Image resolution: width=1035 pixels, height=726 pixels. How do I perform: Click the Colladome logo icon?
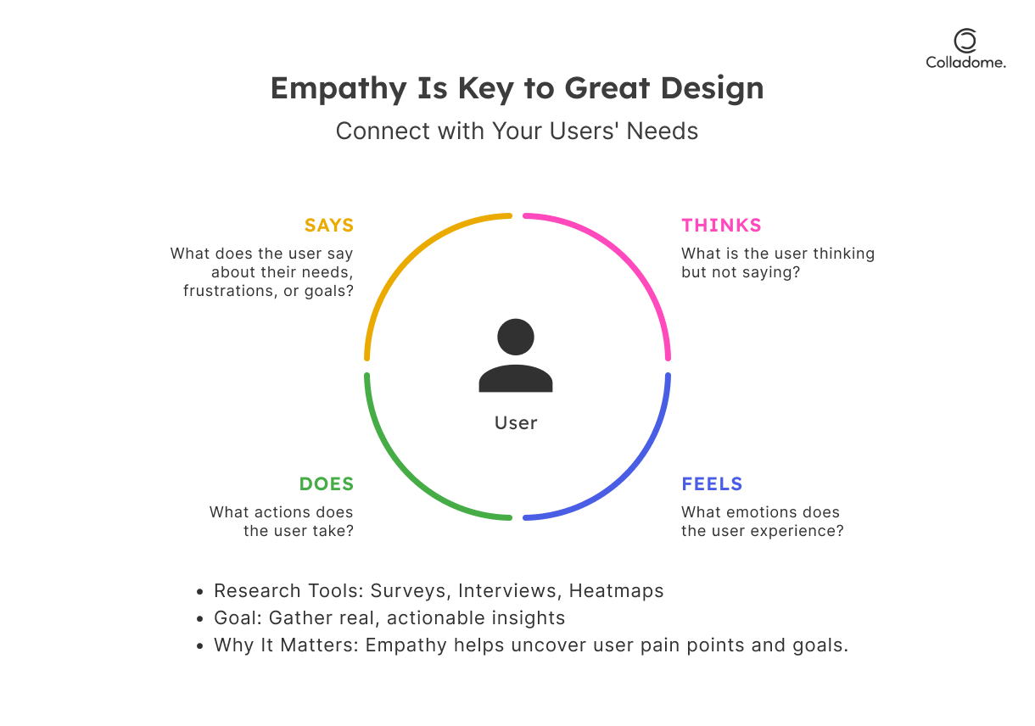click(x=965, y=41)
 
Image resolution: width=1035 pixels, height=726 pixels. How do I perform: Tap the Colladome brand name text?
click(x=965, y=63)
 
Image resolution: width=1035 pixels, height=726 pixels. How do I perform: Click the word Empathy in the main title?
click(x=338, y=89)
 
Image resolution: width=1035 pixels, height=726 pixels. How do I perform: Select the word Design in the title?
click(x=712, y=89)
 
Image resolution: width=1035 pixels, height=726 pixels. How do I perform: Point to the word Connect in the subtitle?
click(x=383, y=131)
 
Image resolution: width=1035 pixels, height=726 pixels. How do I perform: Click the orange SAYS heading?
click(x=329, y=226)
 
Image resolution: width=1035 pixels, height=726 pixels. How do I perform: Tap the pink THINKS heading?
click(x=721, y=226)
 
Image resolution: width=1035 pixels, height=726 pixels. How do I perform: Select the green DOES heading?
click(x=327, y=484)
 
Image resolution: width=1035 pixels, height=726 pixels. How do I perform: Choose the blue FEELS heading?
click(x=712, y=484)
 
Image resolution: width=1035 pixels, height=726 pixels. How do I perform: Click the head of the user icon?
click(x=516, y=338)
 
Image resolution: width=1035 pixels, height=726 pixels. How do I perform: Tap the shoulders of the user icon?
click(x=516, y=379)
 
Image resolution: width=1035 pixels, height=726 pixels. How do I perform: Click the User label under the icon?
click(x=516, y=423)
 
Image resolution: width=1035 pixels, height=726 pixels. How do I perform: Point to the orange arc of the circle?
click(x=411, y=259)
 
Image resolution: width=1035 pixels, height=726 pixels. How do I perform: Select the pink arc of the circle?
click(x=624, y=259)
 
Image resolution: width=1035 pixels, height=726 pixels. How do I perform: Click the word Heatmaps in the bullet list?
click(x=616, y=591)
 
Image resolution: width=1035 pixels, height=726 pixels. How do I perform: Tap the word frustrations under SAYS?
click(x=228, y=291)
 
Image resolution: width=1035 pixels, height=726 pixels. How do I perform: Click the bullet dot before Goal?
click(x=199, y=619)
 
